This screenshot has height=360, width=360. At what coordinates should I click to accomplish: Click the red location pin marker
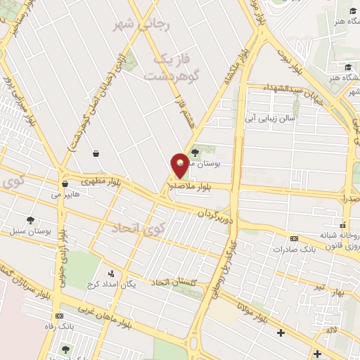[179, 165]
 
